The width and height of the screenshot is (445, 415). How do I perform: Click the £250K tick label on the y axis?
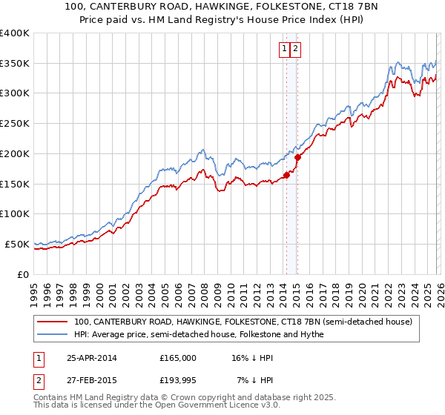(15, 124)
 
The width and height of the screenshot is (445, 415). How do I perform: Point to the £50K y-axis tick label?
(17, 244)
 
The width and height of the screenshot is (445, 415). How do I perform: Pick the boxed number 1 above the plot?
(284, 49)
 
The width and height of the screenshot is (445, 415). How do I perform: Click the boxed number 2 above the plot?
(295, 49)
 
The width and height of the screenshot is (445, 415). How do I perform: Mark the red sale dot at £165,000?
(286, 175)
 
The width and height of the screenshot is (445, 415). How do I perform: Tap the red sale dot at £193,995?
(297, 157)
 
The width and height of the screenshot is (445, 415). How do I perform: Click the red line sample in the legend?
(53, 322)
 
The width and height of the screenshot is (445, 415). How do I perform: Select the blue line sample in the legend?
(53, 334)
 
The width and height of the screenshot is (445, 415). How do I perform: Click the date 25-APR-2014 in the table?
(91, 357)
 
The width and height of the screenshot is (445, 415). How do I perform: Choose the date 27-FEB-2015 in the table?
(91, 380)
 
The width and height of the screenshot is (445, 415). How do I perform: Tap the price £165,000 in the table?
(178, 357)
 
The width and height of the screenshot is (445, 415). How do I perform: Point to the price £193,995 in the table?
(178, 380)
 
